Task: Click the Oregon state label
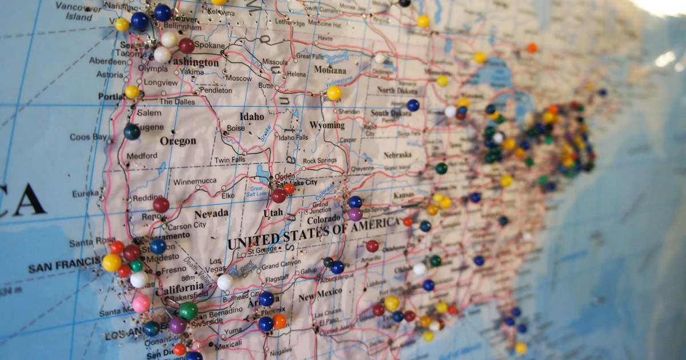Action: tap(178, 141)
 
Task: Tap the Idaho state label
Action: tap(252, 117)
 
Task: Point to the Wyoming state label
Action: tap(327, 125)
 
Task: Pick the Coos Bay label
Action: tap(88, 137)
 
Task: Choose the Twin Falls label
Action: tap(230, 160)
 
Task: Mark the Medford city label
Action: tap(142, 155)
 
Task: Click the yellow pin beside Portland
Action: tap(132, 92)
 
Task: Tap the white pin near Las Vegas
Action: tap(225, 282)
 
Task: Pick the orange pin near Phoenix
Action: tap(279, 322)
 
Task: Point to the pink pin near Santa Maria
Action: tap(141, 304)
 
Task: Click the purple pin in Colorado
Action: tap(355, 214)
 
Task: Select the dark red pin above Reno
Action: tap(161, 204)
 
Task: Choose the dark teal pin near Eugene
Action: tap(131, 131)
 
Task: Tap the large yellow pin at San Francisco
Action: tap(112, 262)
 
